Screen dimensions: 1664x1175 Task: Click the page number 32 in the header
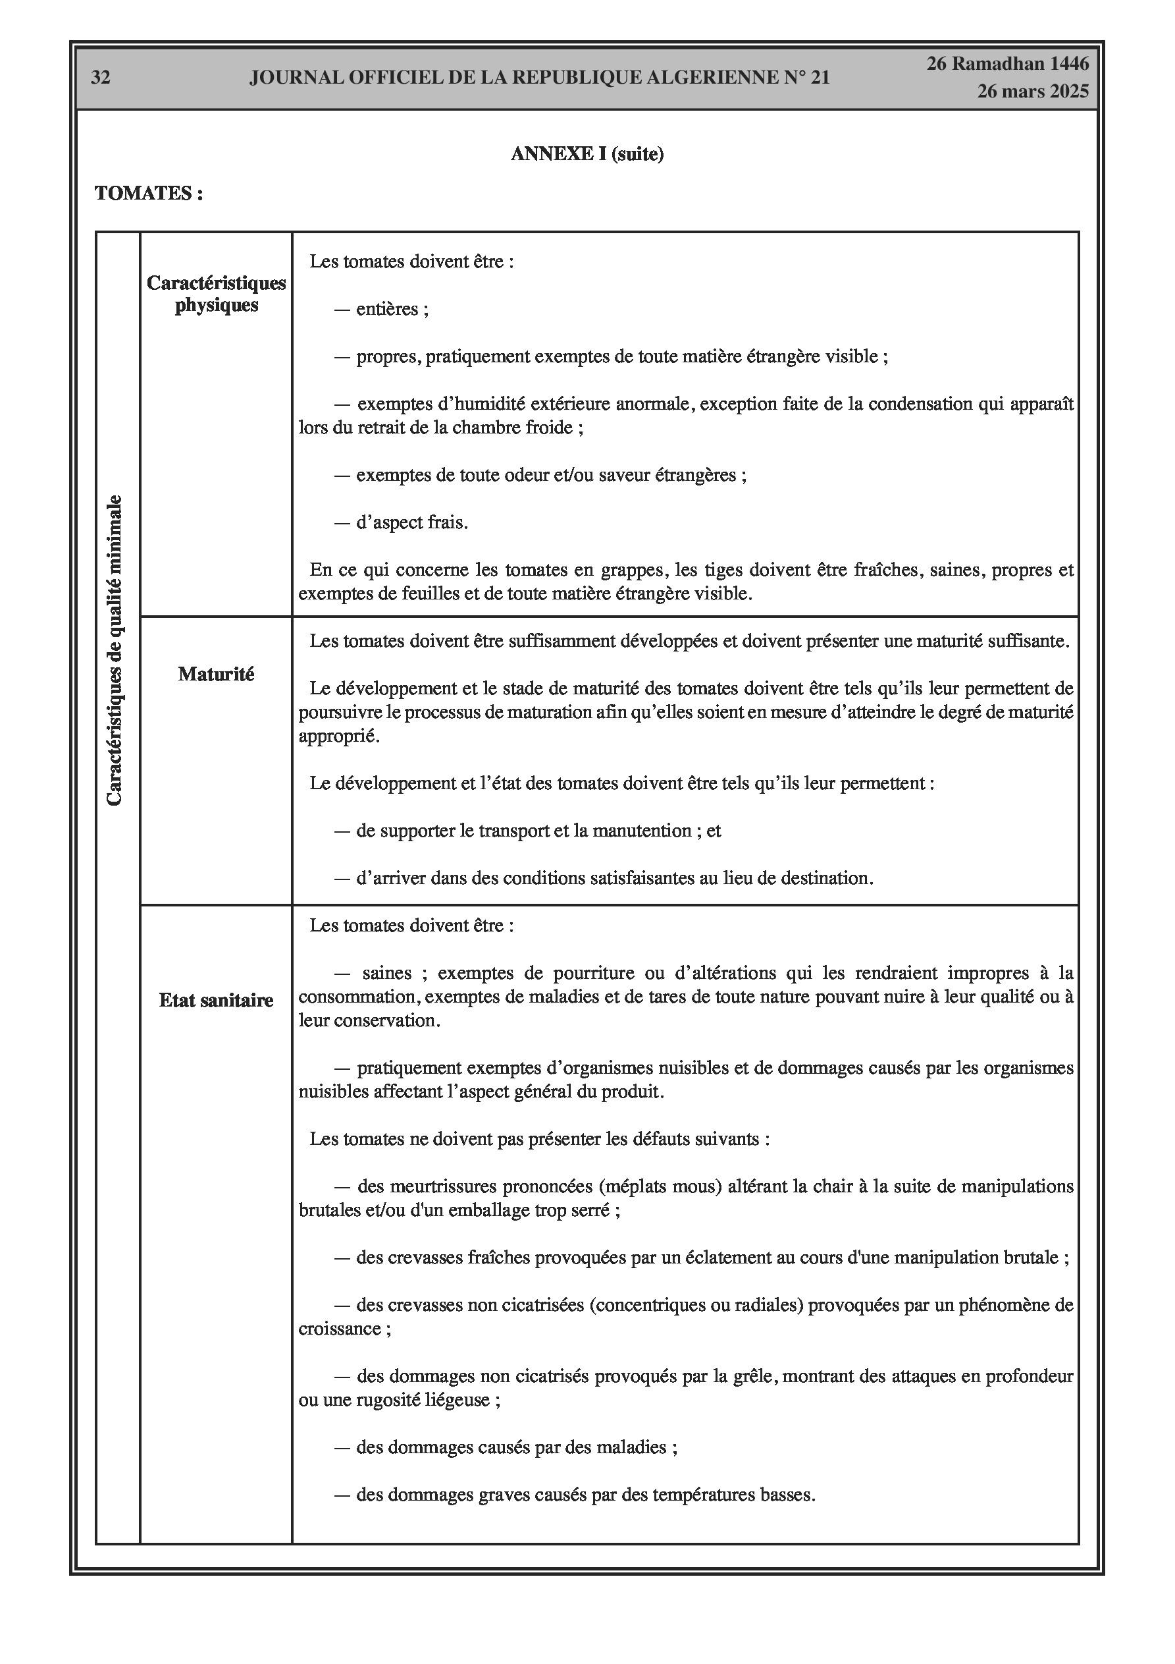coord(101,78)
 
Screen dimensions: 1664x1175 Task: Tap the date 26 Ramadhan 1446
coord(1008,64)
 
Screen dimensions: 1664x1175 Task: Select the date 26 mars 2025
coord(1032,92)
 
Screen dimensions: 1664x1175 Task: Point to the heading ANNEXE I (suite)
coord(587,153)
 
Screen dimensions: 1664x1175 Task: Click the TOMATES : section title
coord(149,194)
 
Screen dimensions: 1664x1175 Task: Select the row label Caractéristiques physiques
coord(216,294)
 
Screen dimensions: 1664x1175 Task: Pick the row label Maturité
coord(216,674)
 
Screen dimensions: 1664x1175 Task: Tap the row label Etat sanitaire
coord(216,1000)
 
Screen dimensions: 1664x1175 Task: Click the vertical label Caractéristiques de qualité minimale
coord(115,650)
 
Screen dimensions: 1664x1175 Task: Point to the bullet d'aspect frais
coord(411,522)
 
